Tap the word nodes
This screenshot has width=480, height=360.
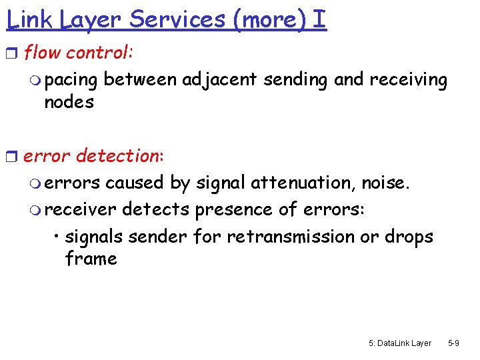[x=69, y=102]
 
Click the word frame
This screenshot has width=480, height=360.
[x=91, y=259]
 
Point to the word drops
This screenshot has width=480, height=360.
[x=409, y=237]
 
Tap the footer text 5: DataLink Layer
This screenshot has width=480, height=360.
[x=399, y=343]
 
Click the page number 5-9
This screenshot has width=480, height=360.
[x=453, y=343]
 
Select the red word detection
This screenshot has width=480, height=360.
[x=117, y=157]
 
